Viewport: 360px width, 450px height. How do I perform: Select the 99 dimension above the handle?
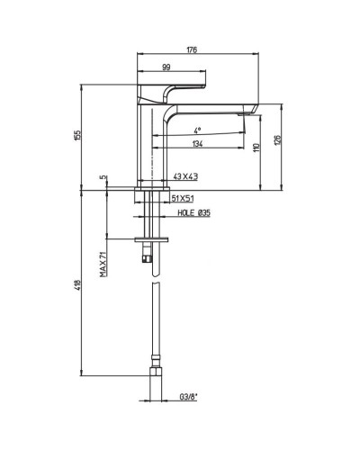[166, 68]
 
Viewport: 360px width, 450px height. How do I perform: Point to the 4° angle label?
[196, 130]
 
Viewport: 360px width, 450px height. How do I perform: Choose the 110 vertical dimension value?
[257, 148]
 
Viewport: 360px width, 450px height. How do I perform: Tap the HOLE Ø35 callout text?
[193, 212]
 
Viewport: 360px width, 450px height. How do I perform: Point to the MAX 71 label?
[103, 265]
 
